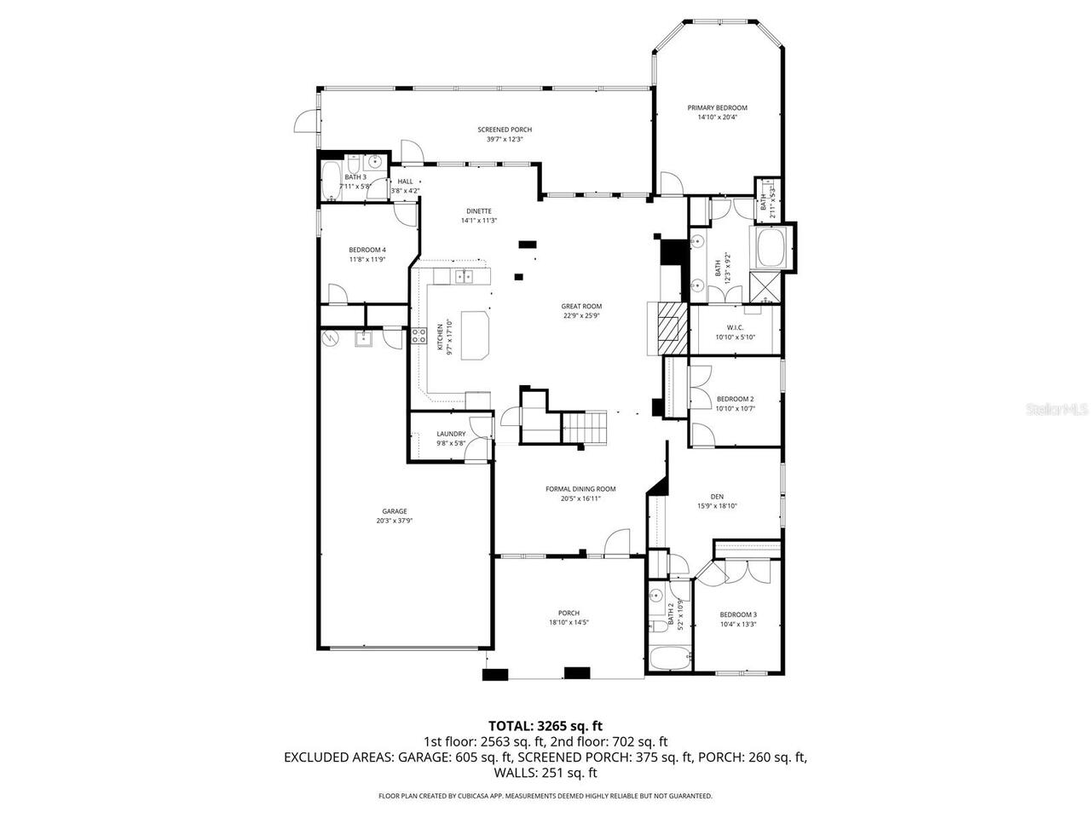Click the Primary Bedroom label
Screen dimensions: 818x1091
click(717, 108)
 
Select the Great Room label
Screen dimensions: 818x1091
click(581, 306)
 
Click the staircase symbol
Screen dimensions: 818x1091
click(586, 426)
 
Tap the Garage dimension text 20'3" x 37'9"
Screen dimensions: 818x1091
click(394, 521)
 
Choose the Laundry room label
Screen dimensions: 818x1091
click(451, 434)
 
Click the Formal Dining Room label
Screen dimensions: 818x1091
click(580, 489)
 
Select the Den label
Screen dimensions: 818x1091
click(717, 497)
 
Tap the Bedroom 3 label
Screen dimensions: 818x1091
click(737, 614)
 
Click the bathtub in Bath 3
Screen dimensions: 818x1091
click(330, 181)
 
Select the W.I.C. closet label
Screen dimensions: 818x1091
click(736, 328)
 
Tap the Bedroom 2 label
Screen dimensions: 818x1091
click(735, 399)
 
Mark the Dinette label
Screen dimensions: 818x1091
click(478, 211)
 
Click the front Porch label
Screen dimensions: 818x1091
click(569, 613)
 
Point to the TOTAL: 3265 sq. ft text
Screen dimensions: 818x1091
click(545, 726)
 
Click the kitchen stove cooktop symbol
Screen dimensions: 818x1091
click(419, 336)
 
